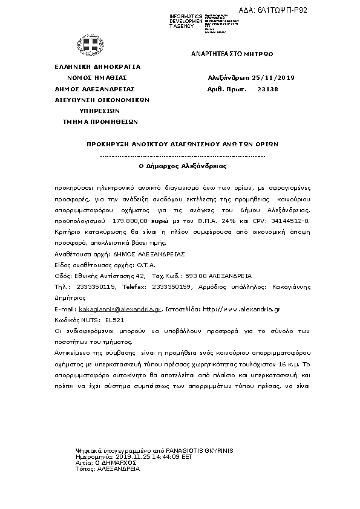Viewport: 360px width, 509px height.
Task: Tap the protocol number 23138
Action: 267,89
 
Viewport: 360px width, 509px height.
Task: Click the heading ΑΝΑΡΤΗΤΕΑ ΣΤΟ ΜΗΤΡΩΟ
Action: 232,54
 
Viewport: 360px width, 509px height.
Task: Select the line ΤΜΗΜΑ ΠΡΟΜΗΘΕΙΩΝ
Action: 100,122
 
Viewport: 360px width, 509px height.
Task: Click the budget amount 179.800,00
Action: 131,222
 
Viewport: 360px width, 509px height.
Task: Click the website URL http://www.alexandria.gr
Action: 241,309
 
